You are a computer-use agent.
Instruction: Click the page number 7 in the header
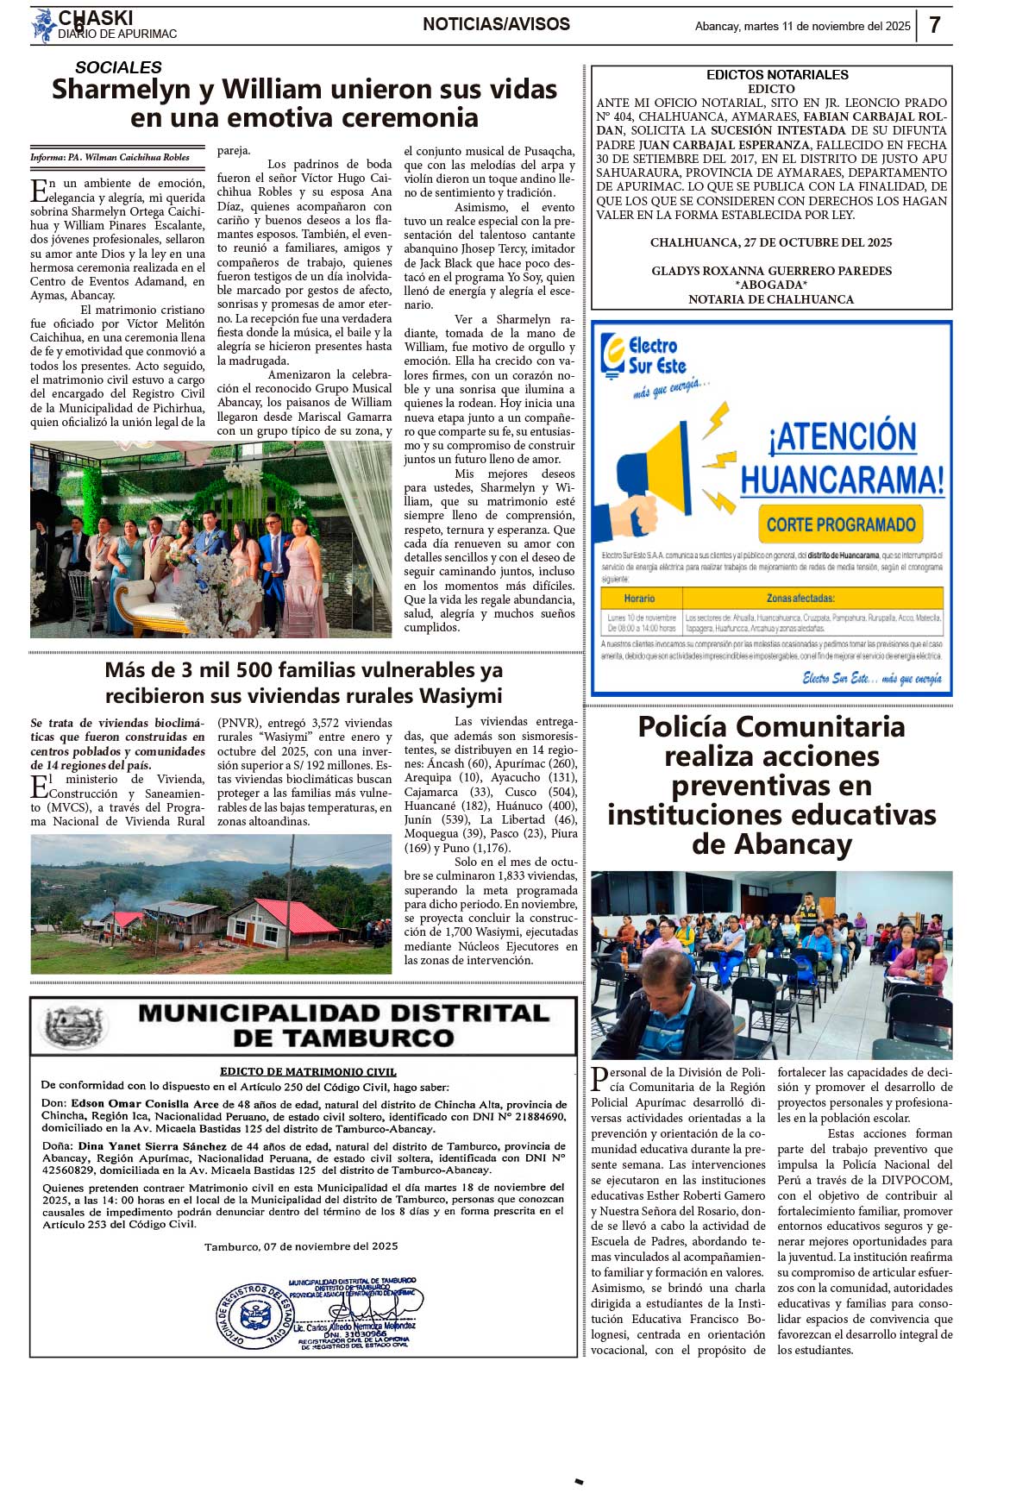(934, 25)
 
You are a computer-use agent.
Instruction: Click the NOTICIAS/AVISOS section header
(496, 24)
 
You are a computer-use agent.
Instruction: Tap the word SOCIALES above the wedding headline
(118, 67)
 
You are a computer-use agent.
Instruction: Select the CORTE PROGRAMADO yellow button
(840, 524)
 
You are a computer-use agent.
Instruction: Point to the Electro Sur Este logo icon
(613, 355)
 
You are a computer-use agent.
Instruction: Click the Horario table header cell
(639, 598)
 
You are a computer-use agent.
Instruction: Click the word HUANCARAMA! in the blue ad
(842, 480)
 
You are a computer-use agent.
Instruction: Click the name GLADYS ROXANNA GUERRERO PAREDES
(771, 271)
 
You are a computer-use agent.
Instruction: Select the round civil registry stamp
(254, 1317)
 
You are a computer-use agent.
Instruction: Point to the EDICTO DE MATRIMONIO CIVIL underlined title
(308, 1072)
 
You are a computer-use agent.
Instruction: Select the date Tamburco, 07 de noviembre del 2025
(301, 1246)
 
